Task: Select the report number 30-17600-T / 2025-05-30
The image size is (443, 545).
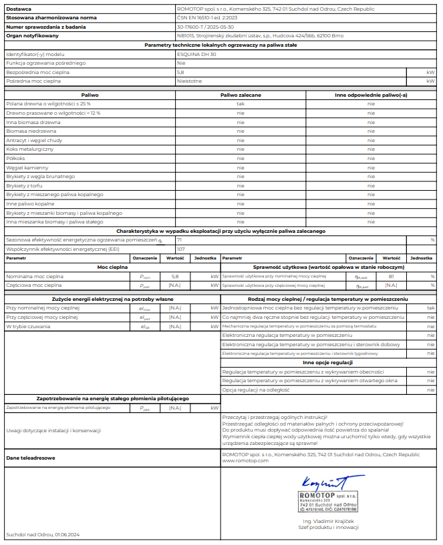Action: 206,27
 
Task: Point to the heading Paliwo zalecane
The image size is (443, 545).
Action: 241,95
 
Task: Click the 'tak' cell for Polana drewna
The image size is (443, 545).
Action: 241,104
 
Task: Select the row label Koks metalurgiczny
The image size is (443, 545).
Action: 27,149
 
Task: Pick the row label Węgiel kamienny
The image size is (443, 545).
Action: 27,167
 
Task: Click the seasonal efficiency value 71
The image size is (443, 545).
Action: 179,239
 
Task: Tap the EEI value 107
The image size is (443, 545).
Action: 180,248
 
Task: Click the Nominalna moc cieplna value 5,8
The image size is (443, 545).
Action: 175,275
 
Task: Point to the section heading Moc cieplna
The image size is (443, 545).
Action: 112,266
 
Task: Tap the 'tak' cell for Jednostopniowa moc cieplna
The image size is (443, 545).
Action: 431,308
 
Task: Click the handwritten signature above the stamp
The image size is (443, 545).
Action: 322,482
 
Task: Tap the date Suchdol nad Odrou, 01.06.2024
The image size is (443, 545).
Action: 43,534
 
